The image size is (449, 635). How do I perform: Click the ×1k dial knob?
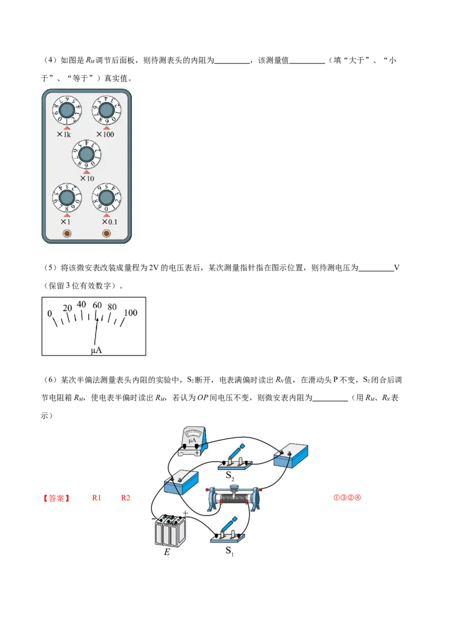67,110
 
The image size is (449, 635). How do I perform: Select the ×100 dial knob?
106,110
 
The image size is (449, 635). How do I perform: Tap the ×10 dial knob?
86,154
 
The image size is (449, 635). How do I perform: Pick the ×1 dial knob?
67,198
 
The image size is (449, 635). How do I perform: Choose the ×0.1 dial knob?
106,198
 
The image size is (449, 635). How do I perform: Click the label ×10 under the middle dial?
87,178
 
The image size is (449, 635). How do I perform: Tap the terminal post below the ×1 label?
67,233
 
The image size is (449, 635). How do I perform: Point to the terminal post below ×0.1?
106,233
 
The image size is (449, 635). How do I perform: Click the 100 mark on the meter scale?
130,312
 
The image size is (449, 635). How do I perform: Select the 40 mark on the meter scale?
81,303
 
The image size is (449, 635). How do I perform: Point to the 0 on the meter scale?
50,313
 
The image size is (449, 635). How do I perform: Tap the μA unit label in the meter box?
97,350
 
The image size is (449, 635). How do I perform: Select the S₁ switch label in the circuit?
230,551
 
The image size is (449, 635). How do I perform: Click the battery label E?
167,551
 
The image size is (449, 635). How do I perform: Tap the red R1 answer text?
97,498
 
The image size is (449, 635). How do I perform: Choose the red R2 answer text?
126,498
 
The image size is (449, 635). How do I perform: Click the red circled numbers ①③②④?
347,498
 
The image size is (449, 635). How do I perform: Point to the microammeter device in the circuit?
193,441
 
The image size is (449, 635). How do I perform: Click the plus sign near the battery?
185,513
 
